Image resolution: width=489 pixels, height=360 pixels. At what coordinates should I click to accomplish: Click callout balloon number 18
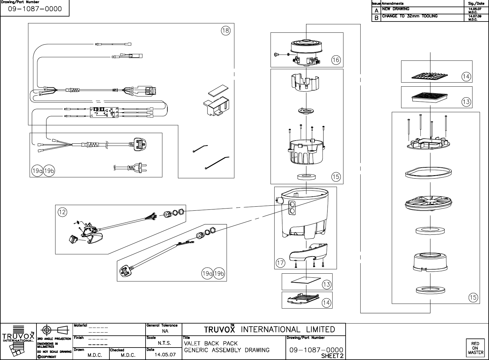(x=226, y=31)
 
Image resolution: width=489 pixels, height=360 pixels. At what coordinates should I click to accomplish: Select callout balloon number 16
(x=336, y=60)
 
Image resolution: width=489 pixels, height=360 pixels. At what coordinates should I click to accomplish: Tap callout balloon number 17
(x=280, y=263)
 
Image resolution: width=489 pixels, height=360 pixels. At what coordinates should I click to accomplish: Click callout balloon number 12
(x=62, y=212)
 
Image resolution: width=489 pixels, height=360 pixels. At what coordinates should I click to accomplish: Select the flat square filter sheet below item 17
(x=306, y=281)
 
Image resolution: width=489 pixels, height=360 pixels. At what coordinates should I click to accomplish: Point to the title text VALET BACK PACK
(x=211, y=343)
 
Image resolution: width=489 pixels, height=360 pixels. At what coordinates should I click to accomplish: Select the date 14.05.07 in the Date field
(x=165, y=355)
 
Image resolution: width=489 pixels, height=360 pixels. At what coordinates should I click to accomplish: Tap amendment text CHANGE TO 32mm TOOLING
(x=410, y=16)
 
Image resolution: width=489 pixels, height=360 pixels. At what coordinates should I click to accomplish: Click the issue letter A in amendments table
(x=376, y=10)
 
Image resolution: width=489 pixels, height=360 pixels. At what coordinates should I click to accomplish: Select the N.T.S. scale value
(x=164, y=343)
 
